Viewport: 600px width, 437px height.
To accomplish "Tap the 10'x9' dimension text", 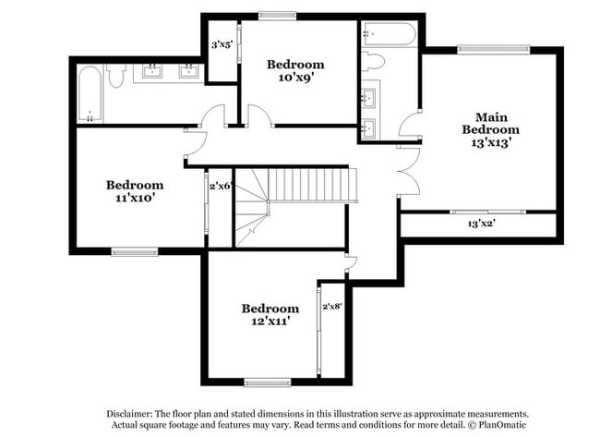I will pos(295,79).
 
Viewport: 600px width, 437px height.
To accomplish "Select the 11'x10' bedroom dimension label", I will pos(134,198).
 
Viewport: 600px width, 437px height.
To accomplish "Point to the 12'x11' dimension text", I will pos(270,322).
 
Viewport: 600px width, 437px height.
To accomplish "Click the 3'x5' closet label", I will pos(222,44).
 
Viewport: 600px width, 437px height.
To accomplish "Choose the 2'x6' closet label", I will pos(220,186).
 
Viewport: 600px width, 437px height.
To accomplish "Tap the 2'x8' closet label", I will pos(331,305).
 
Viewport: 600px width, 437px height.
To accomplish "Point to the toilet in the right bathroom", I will pos(374,62).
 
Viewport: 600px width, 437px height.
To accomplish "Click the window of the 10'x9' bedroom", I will pos(277,15).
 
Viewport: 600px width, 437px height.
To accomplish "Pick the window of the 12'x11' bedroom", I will pos(268,382).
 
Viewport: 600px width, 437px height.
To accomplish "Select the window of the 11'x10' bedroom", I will pos(135,250).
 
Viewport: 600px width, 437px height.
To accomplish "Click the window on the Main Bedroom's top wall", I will pos(480,49).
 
